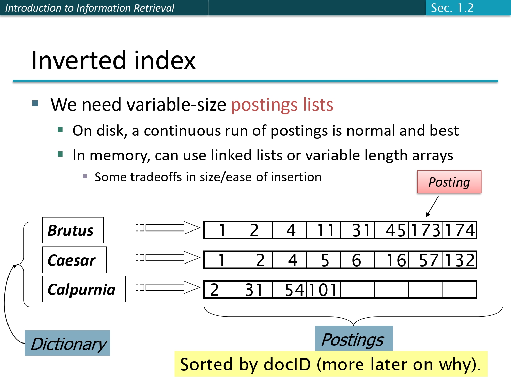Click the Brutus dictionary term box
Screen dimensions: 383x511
[x=73, y=230]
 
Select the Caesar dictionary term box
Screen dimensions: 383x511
[x=74, y=260]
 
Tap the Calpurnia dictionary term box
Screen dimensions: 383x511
[x=84, y=289]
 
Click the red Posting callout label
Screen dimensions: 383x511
[x=449, y=182]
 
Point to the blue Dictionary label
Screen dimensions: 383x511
[x=67, y=343]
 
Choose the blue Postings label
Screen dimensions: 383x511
[x=354, y=339]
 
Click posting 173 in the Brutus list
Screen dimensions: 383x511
[x=426, y=230]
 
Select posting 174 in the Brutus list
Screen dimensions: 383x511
[x=460, y=230]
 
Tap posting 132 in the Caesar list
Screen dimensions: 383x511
[x=460, y=260]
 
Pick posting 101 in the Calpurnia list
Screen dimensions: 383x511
[x=323, y=290]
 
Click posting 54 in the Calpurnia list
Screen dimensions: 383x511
[x=294, y=290]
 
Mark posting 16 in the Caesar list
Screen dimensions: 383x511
[x=396, y=260]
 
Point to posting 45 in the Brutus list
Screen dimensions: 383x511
[x=395, y=230]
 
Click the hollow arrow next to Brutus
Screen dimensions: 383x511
[x=172, y=228]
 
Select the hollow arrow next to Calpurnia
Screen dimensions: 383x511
[x=172, y=287]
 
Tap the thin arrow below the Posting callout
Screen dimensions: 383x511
[x=432, y=206]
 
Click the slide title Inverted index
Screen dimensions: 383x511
[x=113, y=60]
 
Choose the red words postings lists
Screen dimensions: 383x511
[x=282, y=105]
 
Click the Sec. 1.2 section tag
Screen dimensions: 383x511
[x=452, y=8]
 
